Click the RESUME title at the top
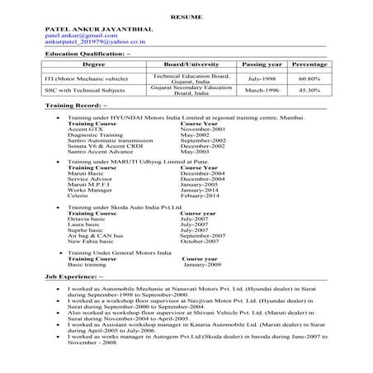click(x=187, y=15)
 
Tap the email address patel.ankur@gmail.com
click(x=76, y=37)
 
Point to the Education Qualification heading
click(x=87, y=54)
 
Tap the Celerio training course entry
click(x=80, y=196)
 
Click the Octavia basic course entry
click(x=88, y=219)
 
